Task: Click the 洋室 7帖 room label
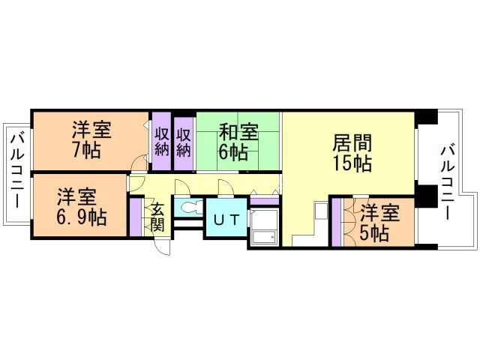tap(92, 139)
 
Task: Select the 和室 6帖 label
tap(237, 142)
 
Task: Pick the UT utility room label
tap(226, 220)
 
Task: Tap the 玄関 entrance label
tap(157, 217)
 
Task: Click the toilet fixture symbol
tap(188, 207)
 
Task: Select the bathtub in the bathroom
tap(263, 226)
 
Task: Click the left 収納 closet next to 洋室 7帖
tap(161, 139)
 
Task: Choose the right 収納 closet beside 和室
tap(184, 139)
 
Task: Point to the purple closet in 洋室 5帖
tap(337, 221)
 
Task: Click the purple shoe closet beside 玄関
tap(136, 217)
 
